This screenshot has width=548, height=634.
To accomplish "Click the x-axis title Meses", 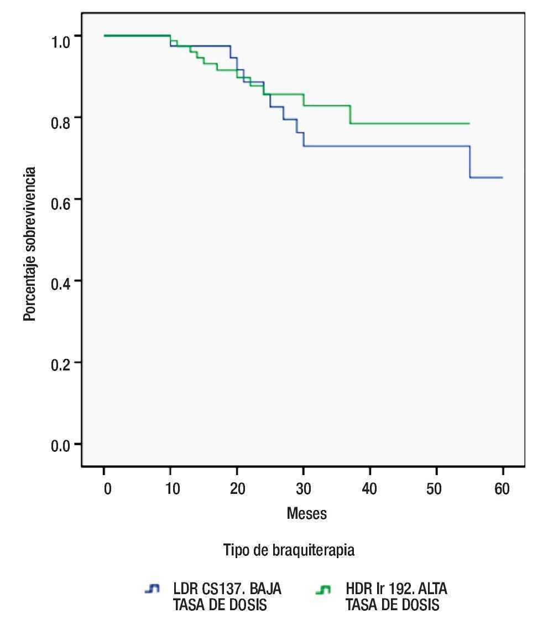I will point(306,514).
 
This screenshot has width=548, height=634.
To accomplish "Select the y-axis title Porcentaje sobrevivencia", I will point(30,244).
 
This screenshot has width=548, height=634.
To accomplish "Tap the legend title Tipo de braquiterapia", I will point(289,550).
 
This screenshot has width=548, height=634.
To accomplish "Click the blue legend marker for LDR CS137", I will point(152,590).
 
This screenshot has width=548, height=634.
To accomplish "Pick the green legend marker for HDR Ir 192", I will point(323,590).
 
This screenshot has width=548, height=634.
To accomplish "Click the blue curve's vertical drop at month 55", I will point(469,162).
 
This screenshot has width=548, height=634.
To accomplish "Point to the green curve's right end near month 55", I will point(469,123).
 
